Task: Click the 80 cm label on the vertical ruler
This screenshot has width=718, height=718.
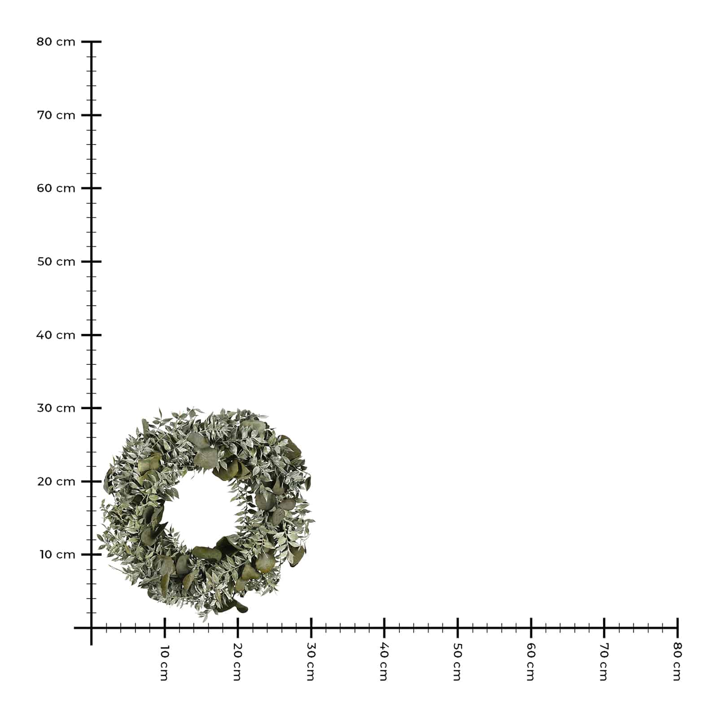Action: point(56,42)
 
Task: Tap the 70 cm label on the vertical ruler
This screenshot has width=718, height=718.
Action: point(56,115)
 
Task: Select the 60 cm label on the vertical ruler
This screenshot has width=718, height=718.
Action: point(56,188)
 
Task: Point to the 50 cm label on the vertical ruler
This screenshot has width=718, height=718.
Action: point(56,262)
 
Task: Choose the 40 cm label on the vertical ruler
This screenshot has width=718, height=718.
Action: point(56,335)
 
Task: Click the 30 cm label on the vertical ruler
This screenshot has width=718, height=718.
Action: point(56,408)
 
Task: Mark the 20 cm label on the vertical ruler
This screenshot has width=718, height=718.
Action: point(56,482)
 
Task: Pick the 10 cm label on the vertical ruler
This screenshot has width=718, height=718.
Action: point(57,555)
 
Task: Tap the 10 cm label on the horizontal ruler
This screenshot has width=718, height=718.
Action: point(164,663)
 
